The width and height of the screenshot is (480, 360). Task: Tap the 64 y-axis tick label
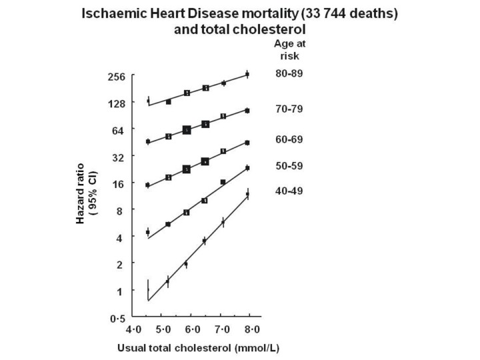click(119, 130)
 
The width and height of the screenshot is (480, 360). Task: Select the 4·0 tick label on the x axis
click(133, 329)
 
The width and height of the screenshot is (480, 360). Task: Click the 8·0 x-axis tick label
click(252, 329)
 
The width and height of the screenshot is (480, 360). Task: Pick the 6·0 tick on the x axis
click(193, 329)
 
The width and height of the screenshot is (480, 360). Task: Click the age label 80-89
click(289, 73)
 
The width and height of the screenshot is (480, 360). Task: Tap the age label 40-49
click(289, 192)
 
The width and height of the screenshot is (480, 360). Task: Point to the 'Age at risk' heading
click(289, 49)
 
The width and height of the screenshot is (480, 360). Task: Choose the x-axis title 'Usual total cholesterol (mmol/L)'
click(192, 347)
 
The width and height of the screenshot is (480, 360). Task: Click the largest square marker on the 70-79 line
click(187, 130)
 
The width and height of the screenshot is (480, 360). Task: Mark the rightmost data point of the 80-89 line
click(247, 75)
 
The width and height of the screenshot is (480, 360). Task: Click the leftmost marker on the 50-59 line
click(148, 232)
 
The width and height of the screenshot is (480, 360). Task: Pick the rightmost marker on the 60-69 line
click(247, 143)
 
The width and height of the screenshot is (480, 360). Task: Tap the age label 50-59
click(289, 165)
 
